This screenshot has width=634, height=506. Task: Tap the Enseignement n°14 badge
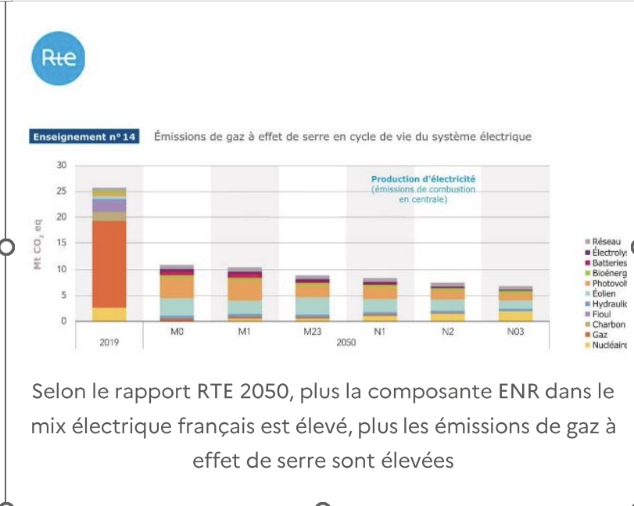[84, 137]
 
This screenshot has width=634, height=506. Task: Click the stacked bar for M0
[177, 294]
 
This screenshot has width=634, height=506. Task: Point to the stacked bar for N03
[515, 304]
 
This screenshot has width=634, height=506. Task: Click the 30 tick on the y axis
[61, 165]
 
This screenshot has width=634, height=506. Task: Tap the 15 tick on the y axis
[61, 243]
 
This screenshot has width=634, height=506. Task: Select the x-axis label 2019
[109, 342]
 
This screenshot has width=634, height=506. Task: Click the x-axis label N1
[379, 331]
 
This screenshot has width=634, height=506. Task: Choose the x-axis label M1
[244, 331]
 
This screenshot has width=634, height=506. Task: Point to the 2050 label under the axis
[346, 342]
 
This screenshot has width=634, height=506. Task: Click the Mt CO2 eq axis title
[38, 243]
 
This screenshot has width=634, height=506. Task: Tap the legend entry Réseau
[606, 242]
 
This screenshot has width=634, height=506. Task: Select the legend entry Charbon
[608, 324]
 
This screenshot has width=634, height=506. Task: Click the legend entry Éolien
[604, 293]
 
